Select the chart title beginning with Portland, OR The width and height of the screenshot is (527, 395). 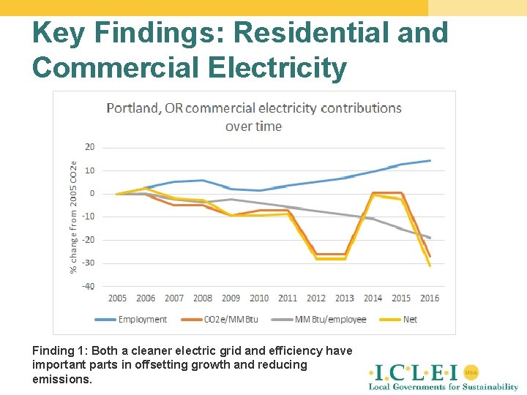254,117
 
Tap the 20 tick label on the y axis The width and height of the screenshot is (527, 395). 89,147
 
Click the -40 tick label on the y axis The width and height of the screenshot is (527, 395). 88,286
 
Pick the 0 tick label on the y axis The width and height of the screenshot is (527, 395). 91,194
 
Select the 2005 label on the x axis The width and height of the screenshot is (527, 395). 117,298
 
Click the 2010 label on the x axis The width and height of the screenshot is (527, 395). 259,298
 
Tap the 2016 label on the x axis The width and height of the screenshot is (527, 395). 430,298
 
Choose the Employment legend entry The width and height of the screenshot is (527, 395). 142,320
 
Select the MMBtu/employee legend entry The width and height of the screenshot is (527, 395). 330,320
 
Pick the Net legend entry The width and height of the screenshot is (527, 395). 410,320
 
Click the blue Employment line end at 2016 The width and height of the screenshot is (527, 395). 430,160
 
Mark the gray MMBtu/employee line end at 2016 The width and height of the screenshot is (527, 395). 430,238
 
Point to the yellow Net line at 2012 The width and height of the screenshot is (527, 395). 316,258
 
